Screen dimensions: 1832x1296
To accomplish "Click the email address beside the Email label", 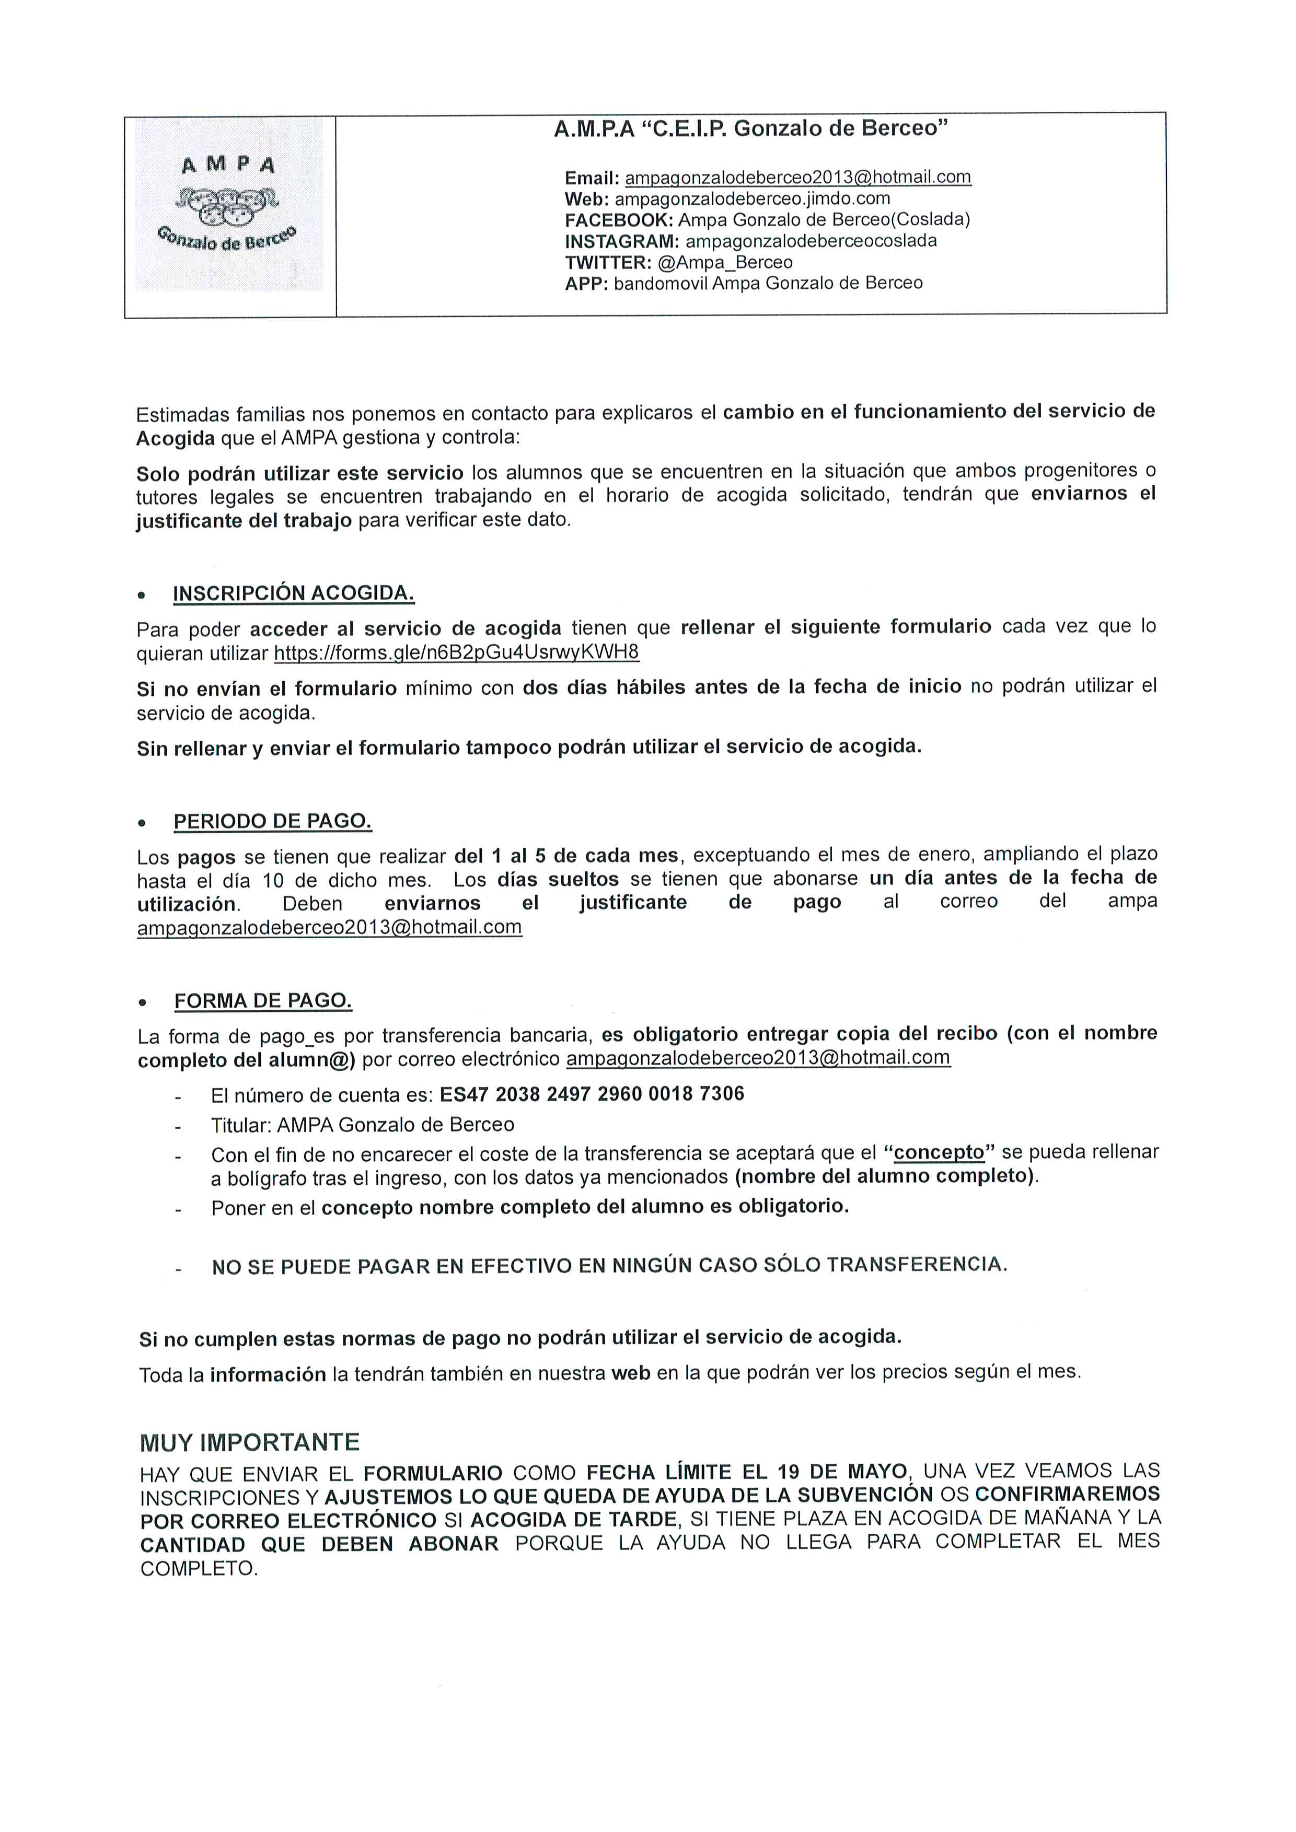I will coord(797,177).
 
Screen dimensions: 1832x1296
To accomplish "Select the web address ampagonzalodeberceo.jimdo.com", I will coord(752,199).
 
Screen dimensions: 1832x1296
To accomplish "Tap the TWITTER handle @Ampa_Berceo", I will coord(725,263).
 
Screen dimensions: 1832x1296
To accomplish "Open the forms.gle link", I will coord(456,652).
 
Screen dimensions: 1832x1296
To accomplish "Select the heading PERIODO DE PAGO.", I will coord(272,821).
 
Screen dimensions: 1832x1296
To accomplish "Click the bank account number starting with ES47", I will coord(592,1094).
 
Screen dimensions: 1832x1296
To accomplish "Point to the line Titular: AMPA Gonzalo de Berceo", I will coord(362,1125).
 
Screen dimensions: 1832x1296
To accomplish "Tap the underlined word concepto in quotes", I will coord(939,1153).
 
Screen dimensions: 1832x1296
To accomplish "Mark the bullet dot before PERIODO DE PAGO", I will coord(142,823).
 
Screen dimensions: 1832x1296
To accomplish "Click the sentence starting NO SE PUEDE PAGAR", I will coord(609,1266).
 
